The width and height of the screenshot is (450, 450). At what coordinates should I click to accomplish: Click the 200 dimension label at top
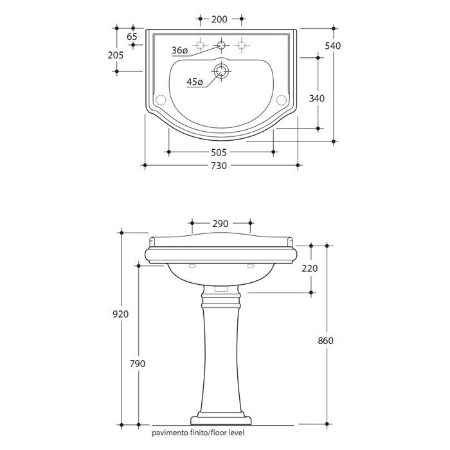219,19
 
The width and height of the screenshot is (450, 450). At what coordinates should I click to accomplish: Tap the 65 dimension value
132,37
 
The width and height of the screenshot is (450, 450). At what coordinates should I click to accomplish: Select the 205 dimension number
116,55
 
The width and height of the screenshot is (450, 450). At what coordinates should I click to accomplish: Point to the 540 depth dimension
333,46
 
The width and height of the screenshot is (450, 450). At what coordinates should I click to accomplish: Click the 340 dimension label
317,98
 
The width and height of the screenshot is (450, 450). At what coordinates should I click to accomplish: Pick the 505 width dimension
219,152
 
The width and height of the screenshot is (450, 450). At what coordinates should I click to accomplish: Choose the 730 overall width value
219,166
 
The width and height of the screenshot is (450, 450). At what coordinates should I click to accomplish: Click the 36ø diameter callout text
179,51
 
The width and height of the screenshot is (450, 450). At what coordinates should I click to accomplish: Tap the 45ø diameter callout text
195,82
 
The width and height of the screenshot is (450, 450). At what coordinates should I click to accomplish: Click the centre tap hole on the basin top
221,45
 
